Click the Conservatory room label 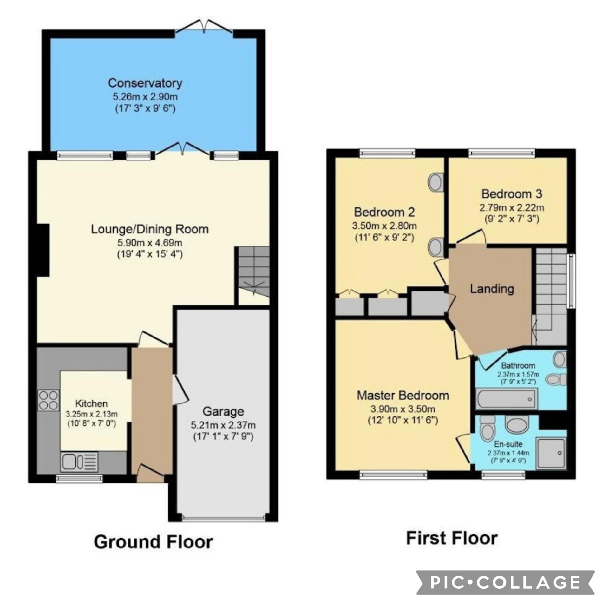[145, 83]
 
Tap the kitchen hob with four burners [49, 400]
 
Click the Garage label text [223, 411]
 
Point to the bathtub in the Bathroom [506, 399]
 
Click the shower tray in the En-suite [551, 453]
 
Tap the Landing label [492, 289]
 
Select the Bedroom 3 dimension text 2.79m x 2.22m [512, 208]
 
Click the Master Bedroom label [403, 396]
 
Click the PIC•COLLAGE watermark [505, 583]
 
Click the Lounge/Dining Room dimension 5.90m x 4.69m [150, 243]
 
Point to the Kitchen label [91, 403]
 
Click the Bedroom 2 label [384, 212]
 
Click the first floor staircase [551, 296]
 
